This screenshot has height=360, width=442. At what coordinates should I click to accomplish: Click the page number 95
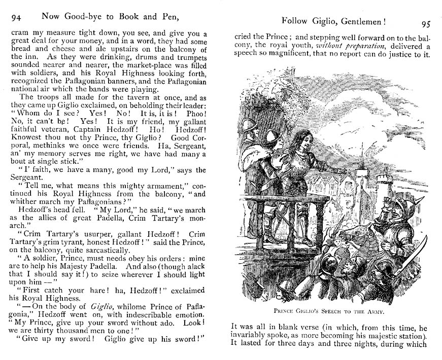[x=426, y=24]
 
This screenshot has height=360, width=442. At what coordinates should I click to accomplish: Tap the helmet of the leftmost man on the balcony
[x=249, y=124]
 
